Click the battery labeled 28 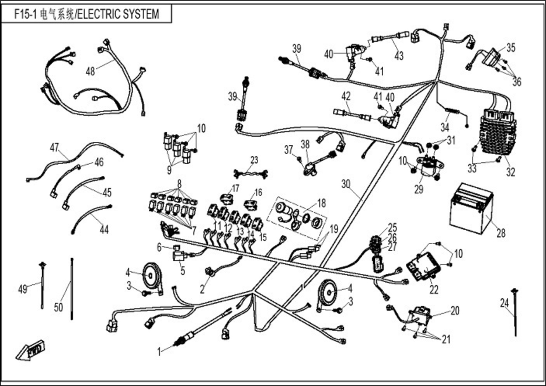coord(471,209)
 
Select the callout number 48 coord(90,71)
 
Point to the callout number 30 coord(346,184)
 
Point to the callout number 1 coord(159,352)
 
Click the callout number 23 coord(254,160)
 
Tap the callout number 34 coord(445,127)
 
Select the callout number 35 coord(511,47)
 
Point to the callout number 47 coord(54,148)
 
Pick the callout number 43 coord(399,56)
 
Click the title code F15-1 coord(25,14)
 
